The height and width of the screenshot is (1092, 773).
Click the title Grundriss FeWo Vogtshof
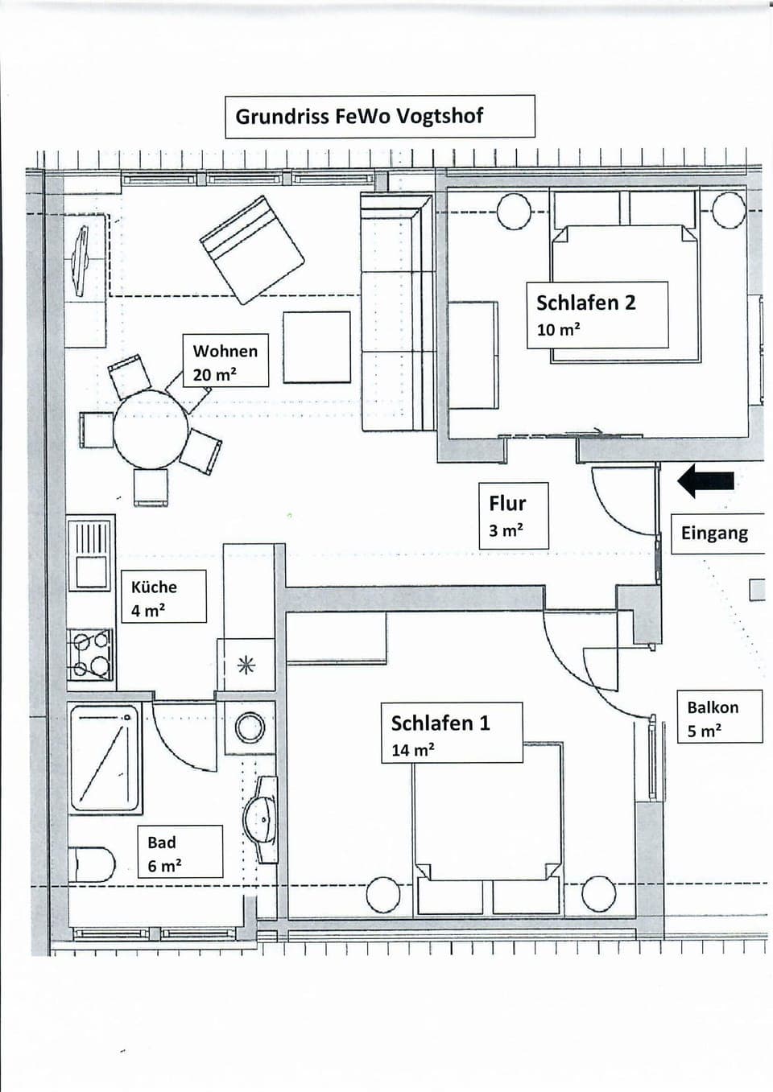[x=379, y=117]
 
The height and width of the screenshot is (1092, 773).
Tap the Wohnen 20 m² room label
[x=225, y=361]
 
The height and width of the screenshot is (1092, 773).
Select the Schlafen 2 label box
[x=597, y=315]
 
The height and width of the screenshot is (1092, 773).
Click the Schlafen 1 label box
[x=451, y=733]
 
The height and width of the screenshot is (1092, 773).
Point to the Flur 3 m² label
[x=513, y=516]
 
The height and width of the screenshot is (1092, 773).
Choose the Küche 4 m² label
[x=163, y=597]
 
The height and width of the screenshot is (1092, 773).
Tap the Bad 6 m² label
[x=179, y=852]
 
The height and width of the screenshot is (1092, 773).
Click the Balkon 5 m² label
[x=718, y=717]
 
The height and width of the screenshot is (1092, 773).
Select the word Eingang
[x=714, y=534]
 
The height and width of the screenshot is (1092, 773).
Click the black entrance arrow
[x=705, y=480]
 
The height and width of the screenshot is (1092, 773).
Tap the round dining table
[x=150, y=431]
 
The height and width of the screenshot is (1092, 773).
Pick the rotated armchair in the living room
[x=252, y=249]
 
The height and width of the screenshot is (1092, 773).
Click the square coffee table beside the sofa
[x=316, y=347]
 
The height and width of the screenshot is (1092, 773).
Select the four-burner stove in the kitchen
[x=91, y=654]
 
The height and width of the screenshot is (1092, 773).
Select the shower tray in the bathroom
[x=105, y=757]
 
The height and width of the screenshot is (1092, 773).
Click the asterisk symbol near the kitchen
[x=246, y=665]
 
